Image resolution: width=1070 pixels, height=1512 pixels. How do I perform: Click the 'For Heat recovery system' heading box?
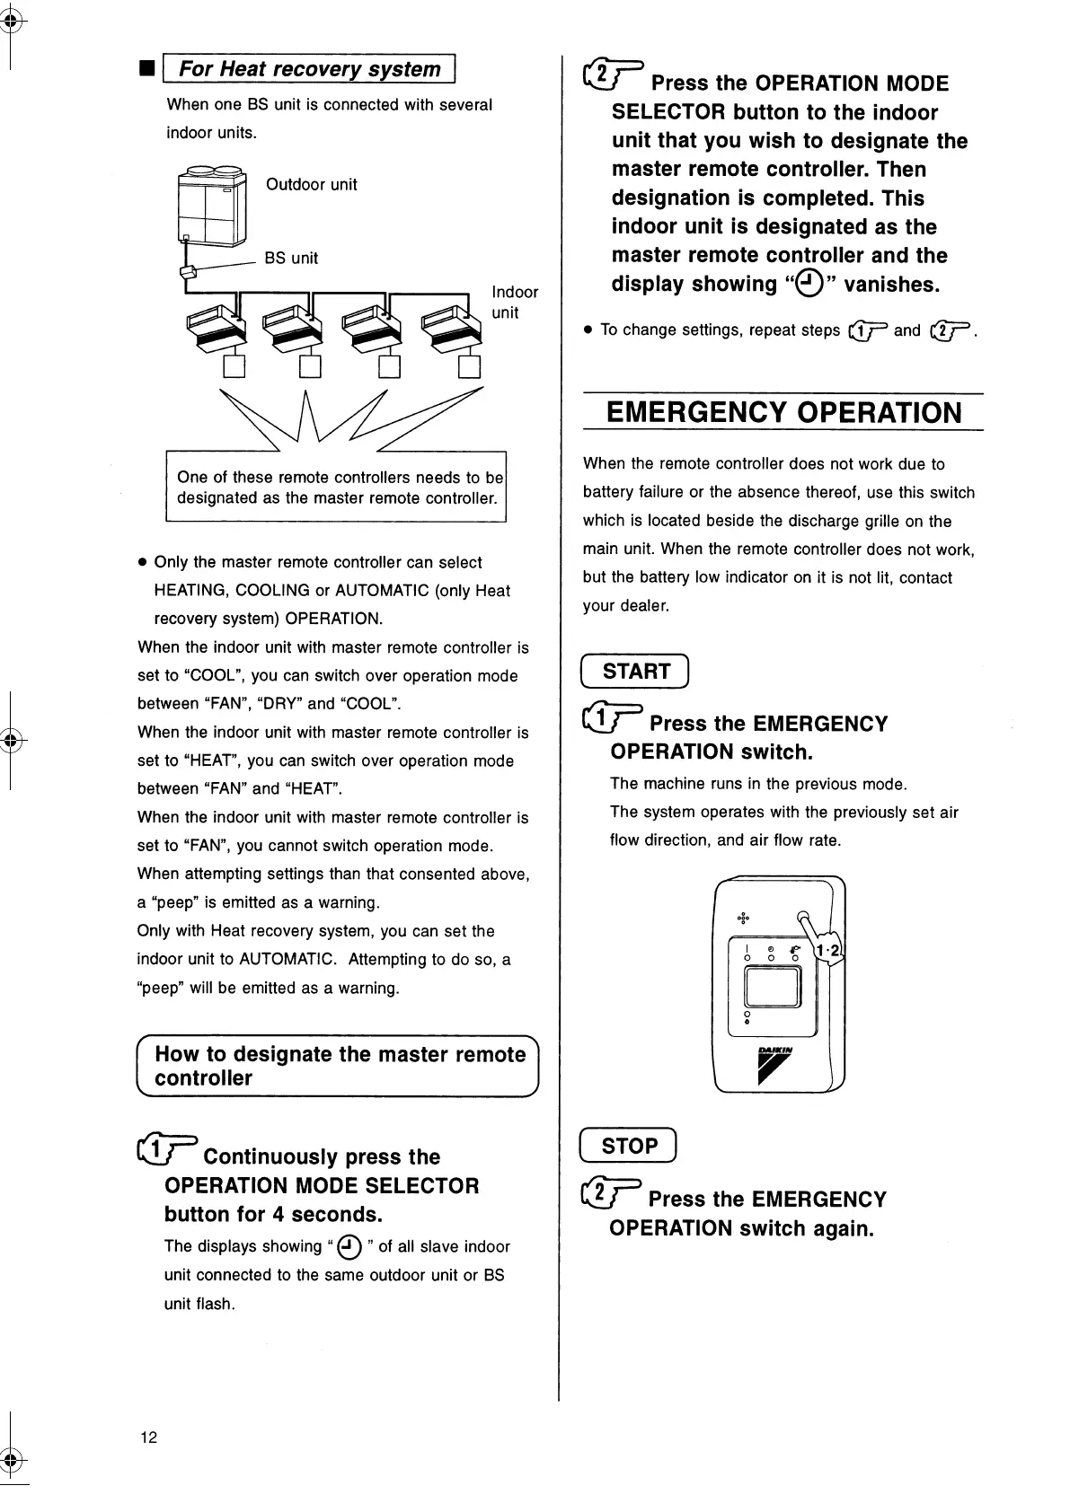[310, 69]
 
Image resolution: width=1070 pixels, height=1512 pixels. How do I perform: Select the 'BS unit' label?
[291, 259]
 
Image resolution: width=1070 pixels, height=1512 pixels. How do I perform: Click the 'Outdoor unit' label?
[311, 185]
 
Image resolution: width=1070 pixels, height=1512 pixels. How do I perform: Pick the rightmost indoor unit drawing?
[447, 326]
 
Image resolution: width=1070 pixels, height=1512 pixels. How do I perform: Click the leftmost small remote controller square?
[234, 367]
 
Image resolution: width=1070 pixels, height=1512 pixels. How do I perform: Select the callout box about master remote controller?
[337, 488]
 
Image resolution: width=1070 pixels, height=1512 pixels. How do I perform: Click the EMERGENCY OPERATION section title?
[783, 413]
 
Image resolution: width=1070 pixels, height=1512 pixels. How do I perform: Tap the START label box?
[635, 672]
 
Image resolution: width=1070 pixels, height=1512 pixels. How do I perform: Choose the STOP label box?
[629, 1146]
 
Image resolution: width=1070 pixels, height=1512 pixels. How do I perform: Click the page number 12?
[148, 1437]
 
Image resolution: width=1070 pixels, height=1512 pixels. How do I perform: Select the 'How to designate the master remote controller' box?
[338, 1067]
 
